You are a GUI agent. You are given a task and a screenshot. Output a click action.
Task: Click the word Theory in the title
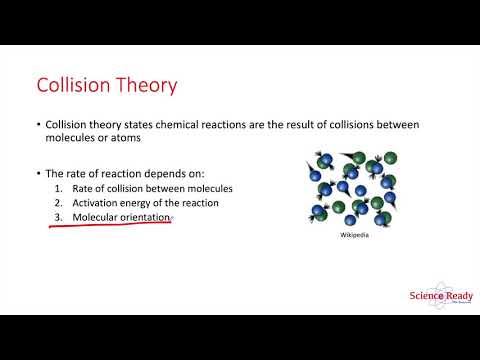click(x=147, y=84)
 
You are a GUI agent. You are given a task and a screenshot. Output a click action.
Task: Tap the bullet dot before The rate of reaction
click(x=37, y=173)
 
